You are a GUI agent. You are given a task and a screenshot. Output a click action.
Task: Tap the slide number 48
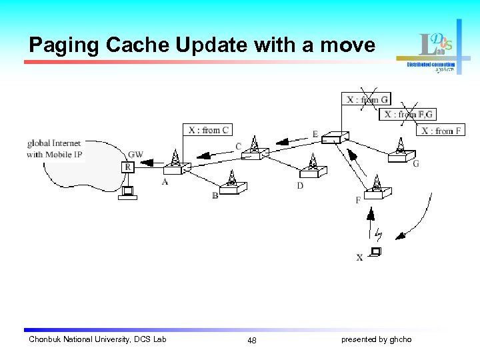pos(251,341)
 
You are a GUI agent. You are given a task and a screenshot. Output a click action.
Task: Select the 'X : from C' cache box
pos(208,130)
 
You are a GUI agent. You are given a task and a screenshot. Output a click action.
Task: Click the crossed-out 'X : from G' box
pos(367,100)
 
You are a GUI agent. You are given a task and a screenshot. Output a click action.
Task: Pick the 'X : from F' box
pos(442,131)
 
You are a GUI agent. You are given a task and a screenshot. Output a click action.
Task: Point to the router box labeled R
pos(127,167)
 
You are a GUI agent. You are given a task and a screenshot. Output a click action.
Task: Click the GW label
pos(135,155)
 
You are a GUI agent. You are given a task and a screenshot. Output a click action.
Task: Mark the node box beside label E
pos(332,138)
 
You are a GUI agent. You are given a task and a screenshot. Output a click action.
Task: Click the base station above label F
pos(377,186)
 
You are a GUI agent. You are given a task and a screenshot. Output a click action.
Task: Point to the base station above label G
pos(400,150)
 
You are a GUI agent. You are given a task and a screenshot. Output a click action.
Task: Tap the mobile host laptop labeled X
pos(375,252)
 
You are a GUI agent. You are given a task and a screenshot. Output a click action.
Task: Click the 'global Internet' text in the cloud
pos(54,143)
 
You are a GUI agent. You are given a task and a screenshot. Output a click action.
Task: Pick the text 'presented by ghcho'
pos(376,340)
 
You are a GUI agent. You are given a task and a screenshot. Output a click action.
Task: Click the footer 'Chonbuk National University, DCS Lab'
pos(97,340)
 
